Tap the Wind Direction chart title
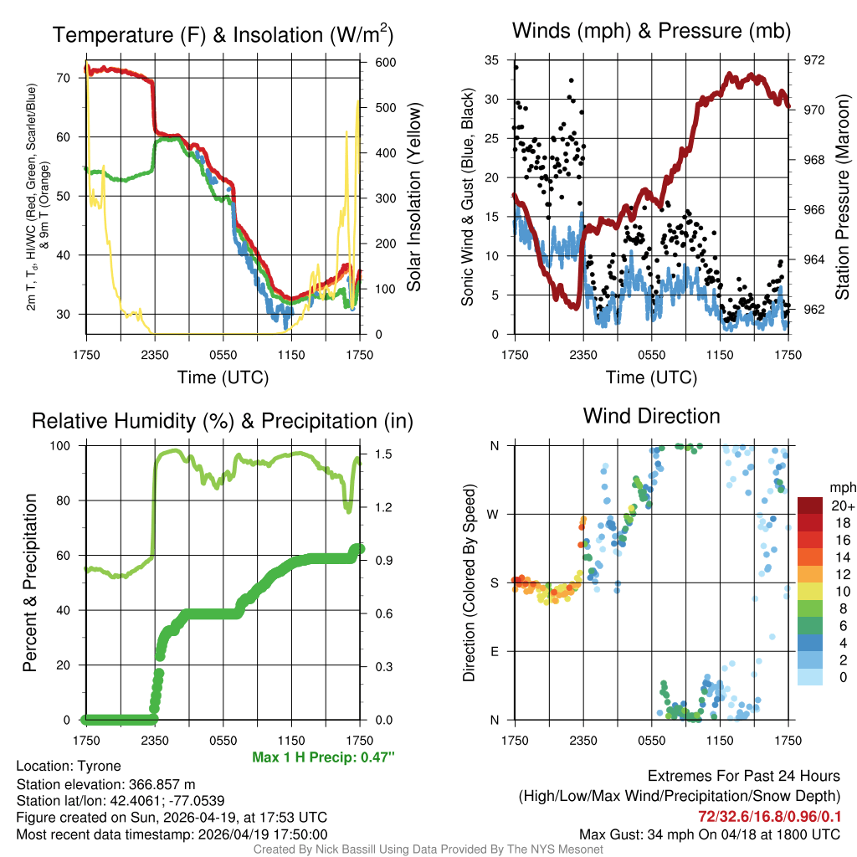click(651, 415)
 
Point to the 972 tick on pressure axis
click(813, 60)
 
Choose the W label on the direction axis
click(494, 514)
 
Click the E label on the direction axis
click(494, 651)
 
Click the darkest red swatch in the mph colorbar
click(810, 505)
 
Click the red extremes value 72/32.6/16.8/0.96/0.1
click(769, 816)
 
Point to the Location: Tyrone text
click(69, 766)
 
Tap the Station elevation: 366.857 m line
click(105, 784)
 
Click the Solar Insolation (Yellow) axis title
click(414, 197)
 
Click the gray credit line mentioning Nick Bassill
click(428, 849)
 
